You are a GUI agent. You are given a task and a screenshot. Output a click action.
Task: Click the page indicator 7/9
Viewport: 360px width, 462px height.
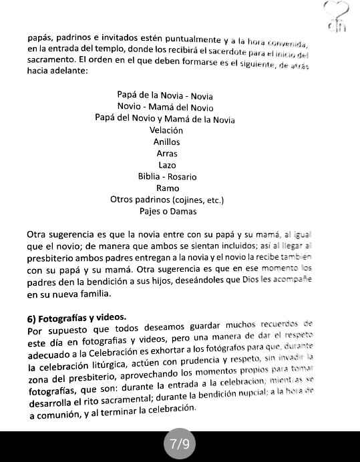click(180, 444)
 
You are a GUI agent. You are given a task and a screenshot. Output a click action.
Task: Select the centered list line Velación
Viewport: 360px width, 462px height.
click(166, 131)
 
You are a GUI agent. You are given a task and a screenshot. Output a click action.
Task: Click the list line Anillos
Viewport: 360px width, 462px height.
click(166, 142)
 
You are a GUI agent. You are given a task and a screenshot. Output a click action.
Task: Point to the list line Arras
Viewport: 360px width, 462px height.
click(166, 154)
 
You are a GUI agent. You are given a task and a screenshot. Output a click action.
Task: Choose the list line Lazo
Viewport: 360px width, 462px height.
click(167, 165)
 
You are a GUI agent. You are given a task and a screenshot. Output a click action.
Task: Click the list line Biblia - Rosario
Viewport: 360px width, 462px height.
click(167, 177)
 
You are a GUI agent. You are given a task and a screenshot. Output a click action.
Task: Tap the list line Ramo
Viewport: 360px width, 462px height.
click(167, 188)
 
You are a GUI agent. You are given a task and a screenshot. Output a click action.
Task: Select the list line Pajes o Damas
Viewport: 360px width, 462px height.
click(168, 212)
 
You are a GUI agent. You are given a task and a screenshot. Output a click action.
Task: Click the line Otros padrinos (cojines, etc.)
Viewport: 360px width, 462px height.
click(167, 200)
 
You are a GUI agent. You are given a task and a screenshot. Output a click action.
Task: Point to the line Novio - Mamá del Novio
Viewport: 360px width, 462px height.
click(165, 107)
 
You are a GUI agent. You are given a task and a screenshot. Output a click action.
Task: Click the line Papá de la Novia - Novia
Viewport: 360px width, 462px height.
click(165, 95)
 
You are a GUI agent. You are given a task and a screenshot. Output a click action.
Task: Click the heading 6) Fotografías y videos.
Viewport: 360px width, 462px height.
click(77, 317)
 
